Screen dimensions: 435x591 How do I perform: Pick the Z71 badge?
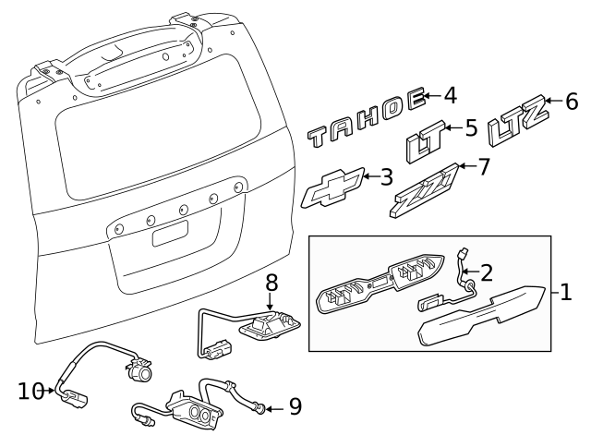point(426,190)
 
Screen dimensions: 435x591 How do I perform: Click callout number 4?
point(450,94)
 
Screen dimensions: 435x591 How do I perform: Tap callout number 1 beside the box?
point(566,294)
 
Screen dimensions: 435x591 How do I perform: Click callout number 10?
point(30,391)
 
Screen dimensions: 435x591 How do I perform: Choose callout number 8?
point(271,283)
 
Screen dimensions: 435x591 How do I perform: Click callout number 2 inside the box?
point(486,272)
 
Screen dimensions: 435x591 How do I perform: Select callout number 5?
point(471,127)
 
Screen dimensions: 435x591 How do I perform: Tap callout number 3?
point(386,175)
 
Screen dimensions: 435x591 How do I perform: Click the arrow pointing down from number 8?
point(271,303)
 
